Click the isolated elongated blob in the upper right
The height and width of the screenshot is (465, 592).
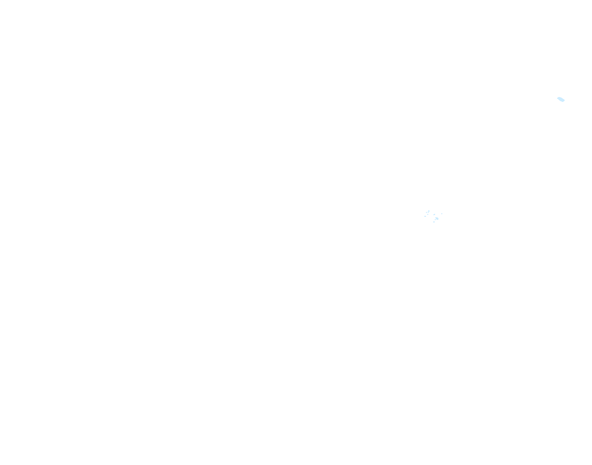561,99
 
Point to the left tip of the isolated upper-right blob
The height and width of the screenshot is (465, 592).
557,98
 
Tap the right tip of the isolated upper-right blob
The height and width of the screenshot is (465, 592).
564,100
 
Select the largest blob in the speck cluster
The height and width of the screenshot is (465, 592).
437,218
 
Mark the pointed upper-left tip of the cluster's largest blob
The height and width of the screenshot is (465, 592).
436,217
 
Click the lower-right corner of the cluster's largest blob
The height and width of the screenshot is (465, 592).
438,219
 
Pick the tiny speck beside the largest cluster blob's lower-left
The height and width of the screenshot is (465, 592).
435,219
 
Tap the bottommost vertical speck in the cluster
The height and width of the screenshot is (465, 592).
434,222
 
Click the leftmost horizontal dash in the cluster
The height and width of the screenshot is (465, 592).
425,216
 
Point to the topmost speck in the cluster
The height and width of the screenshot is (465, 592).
429,211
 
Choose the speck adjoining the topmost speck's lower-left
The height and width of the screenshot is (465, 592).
428,212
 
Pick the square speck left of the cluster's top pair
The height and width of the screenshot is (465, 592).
426,212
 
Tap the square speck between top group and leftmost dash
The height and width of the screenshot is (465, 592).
428,214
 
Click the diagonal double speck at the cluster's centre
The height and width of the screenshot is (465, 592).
434,215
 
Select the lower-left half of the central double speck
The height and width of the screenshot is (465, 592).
434,215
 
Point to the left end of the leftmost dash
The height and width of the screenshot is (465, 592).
425,216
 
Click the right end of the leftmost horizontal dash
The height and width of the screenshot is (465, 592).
426,216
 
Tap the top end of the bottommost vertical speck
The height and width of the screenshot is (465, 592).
434,221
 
